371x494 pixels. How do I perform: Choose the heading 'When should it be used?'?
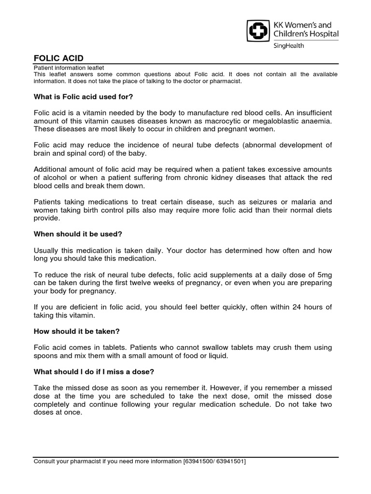(x=78, y=234)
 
